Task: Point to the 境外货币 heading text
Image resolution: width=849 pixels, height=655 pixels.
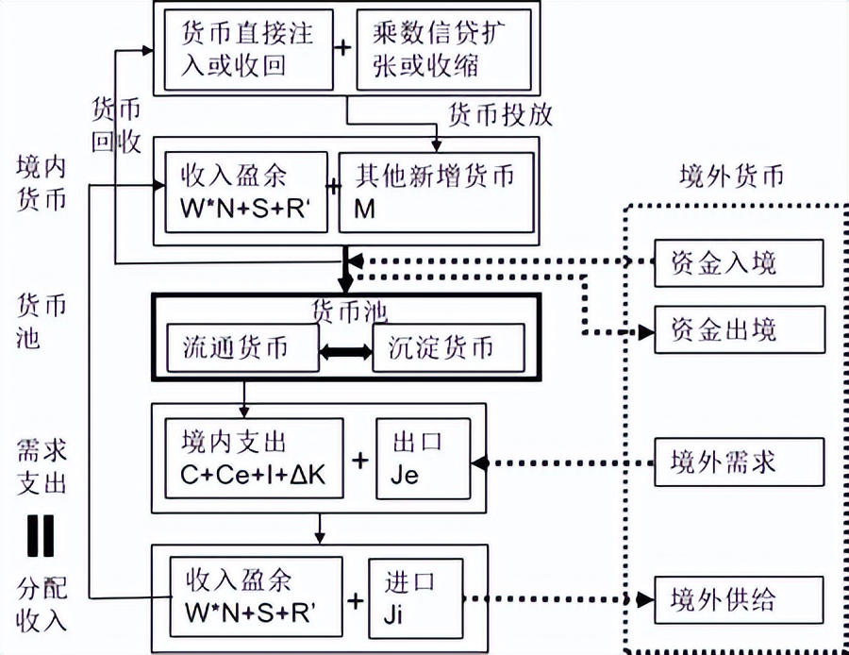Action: (731, 176)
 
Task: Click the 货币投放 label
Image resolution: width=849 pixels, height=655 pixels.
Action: (499, 115)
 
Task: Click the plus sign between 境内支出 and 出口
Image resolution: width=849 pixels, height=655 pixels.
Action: (360, 461)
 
